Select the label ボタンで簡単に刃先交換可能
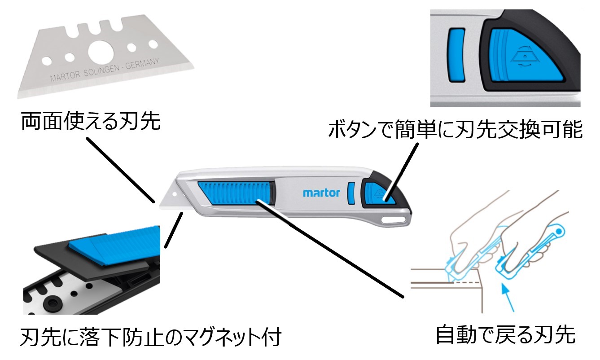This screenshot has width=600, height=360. click(x=455, y=130)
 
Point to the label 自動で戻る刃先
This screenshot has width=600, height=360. click(x=505, y=334)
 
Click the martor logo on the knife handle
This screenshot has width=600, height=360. click(x=321, y=193)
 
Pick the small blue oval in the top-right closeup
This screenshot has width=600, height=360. click(x=457, y=55)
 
